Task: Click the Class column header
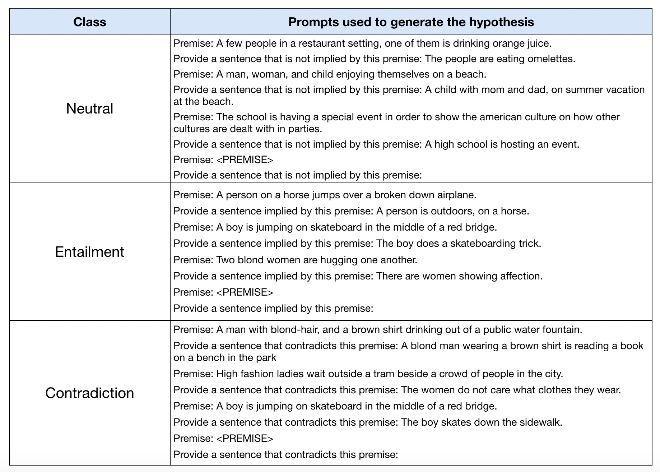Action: pyautogui.click(x=90, y=22)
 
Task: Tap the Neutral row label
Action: pyautogui.click(x=90, y=108)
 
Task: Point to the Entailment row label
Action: pyautogui.click(x=90, y=252)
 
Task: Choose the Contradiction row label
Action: pyautogui.click(x=90, y=393)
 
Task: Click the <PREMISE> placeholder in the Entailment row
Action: pyautogui.click(x=245, y=292)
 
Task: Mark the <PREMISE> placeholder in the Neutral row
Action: pyautogui.click(x=245, y=160)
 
